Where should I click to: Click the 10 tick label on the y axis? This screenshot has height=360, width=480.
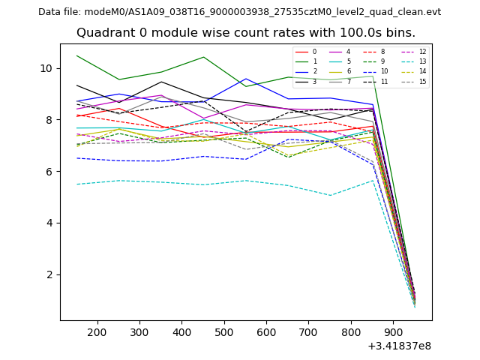coord(46,68)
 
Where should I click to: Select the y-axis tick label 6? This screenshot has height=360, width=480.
coord(49,172)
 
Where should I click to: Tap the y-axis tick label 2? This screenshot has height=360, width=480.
coord(49,274)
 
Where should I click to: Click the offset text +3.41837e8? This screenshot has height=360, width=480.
coord(399,346)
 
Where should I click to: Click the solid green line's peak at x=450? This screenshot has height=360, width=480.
coord(203,57)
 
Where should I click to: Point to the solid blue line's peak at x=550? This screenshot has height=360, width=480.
coord(245,79)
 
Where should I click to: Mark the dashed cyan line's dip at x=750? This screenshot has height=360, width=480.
coord(330,196)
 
